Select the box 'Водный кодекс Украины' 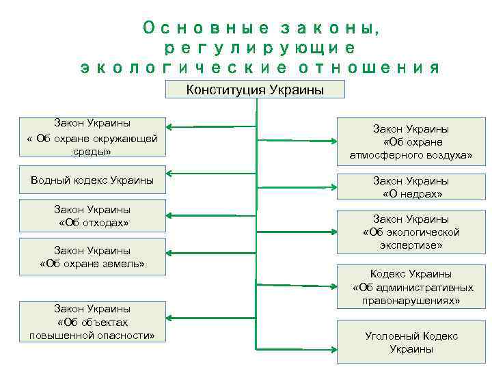click(92, 180)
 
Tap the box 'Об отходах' click(92, 216)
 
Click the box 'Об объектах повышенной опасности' click(92, 322)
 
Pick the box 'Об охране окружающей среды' click(92, 137)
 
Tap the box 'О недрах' click(411, 187)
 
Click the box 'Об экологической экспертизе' click(411, 232)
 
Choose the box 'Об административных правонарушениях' click(411, 287)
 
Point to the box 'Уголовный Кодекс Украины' click(411, 342)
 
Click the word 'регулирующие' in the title click(260, 48)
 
